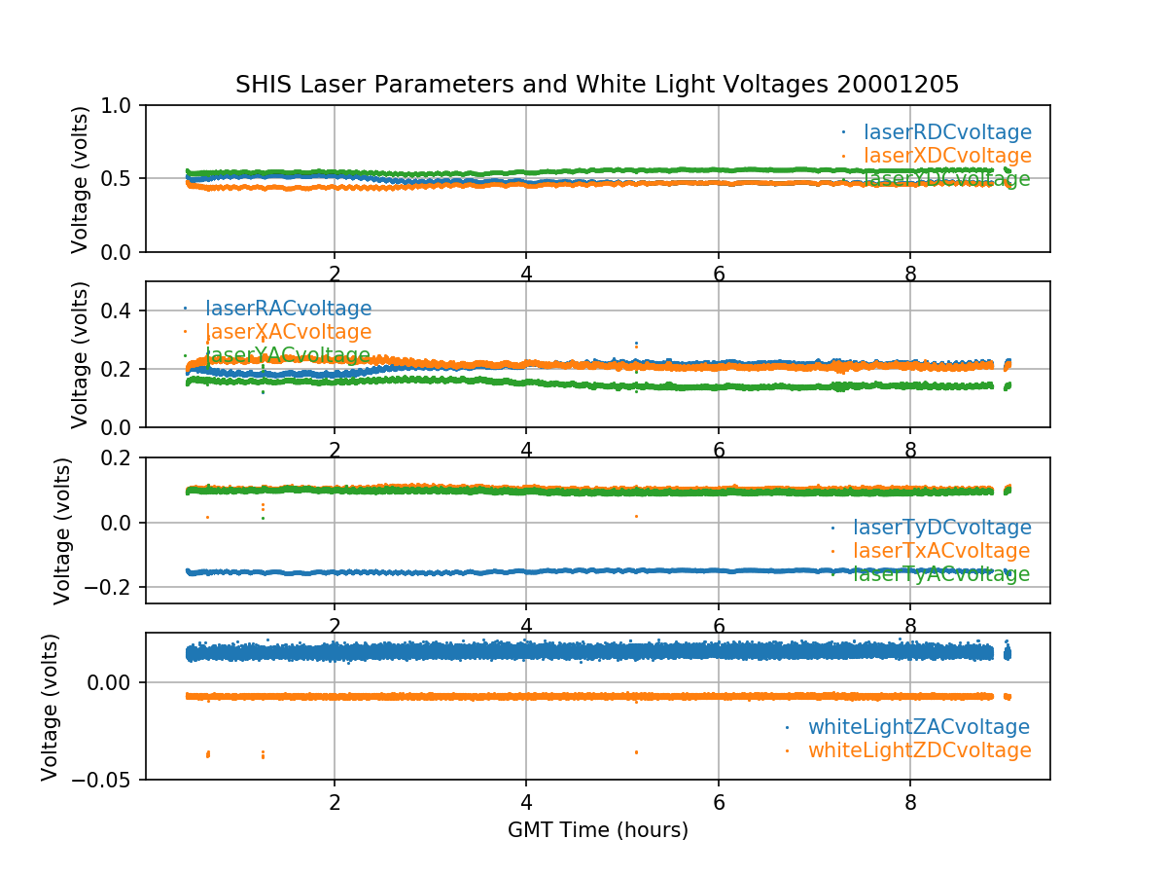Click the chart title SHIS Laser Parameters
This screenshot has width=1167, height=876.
[597, 85]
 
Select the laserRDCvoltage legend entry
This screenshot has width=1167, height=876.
[947, 132]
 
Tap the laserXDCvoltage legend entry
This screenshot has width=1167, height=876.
[947, 156]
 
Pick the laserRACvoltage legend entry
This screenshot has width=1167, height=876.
[288, 310]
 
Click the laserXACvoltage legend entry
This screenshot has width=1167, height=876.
[288, 333]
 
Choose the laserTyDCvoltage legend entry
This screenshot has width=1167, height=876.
[941, 528]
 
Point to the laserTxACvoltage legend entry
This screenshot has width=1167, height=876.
[941, 551]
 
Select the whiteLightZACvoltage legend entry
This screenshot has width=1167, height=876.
[918, 727]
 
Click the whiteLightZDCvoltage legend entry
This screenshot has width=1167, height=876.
[918, 750]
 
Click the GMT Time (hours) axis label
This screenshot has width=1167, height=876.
[597, 830]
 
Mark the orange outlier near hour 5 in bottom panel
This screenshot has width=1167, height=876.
[636, 751]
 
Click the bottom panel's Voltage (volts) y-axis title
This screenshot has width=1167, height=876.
[51, 706]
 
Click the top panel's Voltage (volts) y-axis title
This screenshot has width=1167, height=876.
[81, 179]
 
